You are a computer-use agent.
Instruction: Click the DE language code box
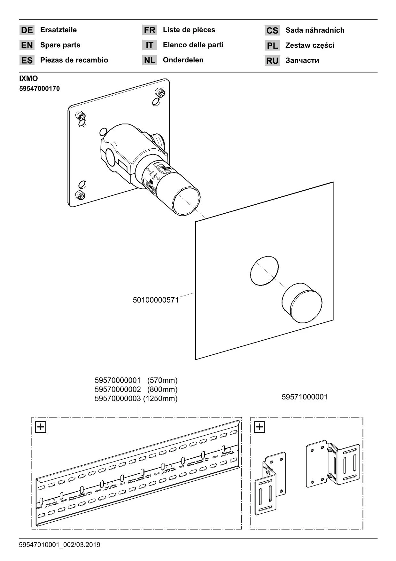(x=27, y=30)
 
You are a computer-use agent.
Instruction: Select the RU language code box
(x=272, y=61)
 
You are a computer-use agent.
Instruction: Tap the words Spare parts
(x=60, y=45)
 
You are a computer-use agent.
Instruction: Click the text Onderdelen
(x=183, y=60)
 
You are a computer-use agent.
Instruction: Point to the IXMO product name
(x=28, y=79)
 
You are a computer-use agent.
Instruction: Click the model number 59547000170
(x=39, y=89)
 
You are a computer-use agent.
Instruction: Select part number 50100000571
(x=156, y=300)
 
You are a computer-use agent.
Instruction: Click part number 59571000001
(x=304, y=397)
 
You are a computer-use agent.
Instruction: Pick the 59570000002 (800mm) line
(x=136, y=390)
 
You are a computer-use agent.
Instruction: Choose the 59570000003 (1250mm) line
(x=136, y=399)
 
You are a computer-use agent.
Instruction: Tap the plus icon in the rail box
(x=41, y=427)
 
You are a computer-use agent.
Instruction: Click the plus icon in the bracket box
(x=260, y=427)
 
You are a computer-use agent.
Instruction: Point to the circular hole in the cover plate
(x=264, y=270)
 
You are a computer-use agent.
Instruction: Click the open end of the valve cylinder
(x=186, y=201)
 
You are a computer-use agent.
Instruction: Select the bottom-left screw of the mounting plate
(x=79, y=194)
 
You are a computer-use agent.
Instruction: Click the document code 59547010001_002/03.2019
(x=59, y=545)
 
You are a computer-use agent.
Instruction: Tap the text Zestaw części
(x=309, y=45)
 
